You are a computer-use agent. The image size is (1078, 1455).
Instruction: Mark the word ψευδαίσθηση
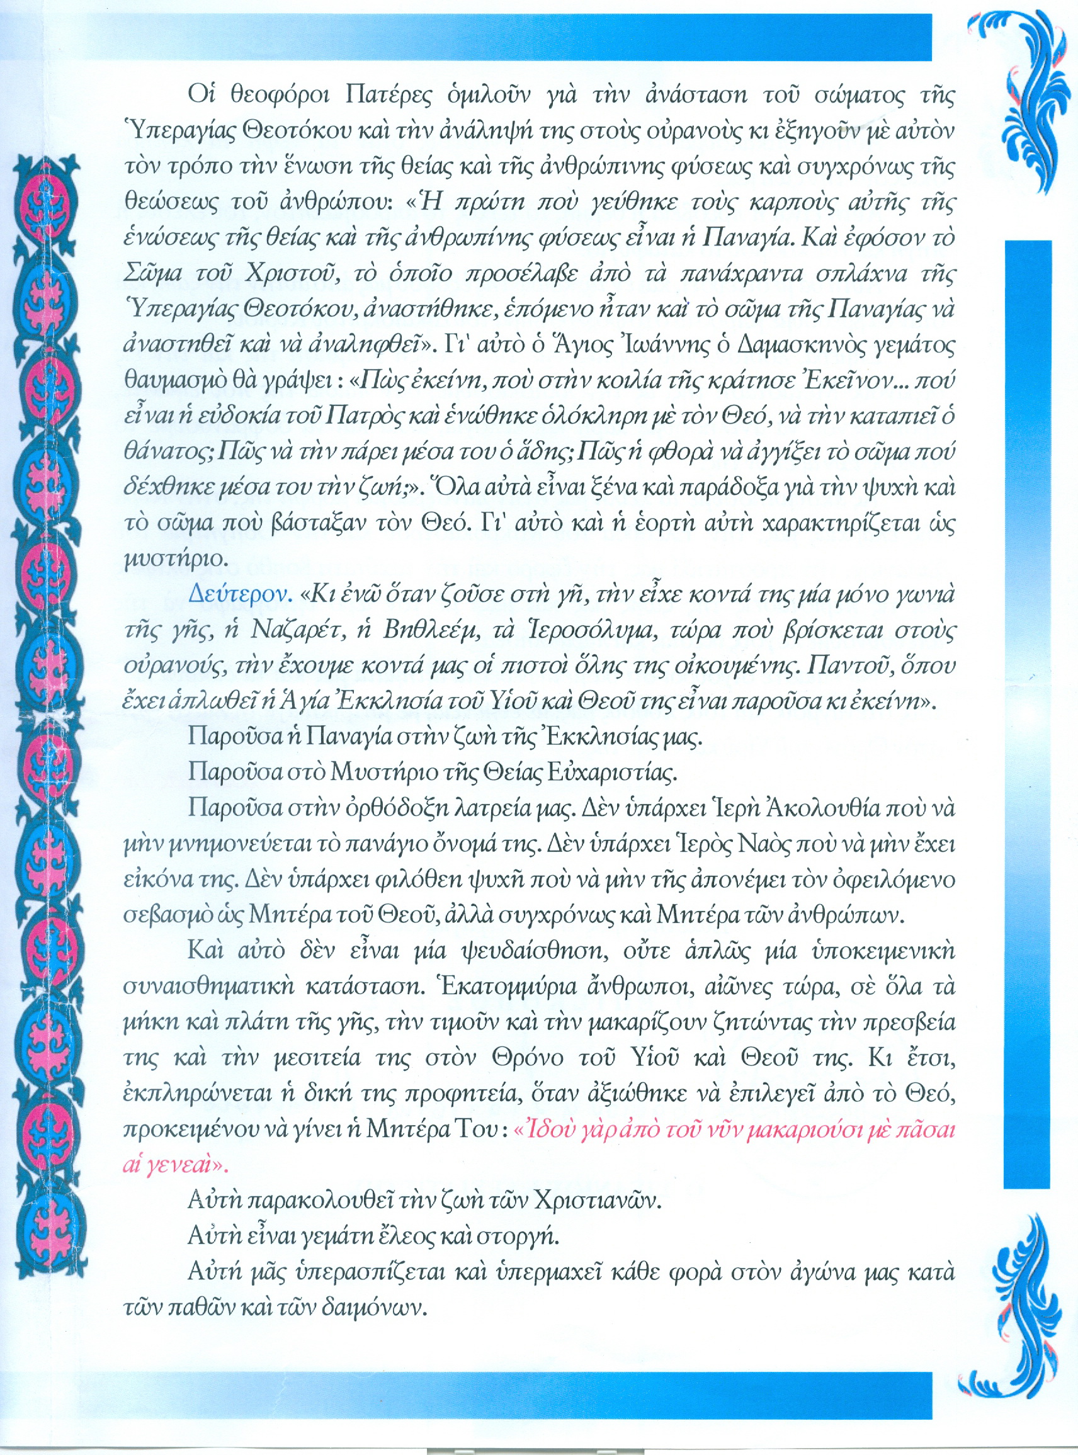(x=518, y=951)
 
